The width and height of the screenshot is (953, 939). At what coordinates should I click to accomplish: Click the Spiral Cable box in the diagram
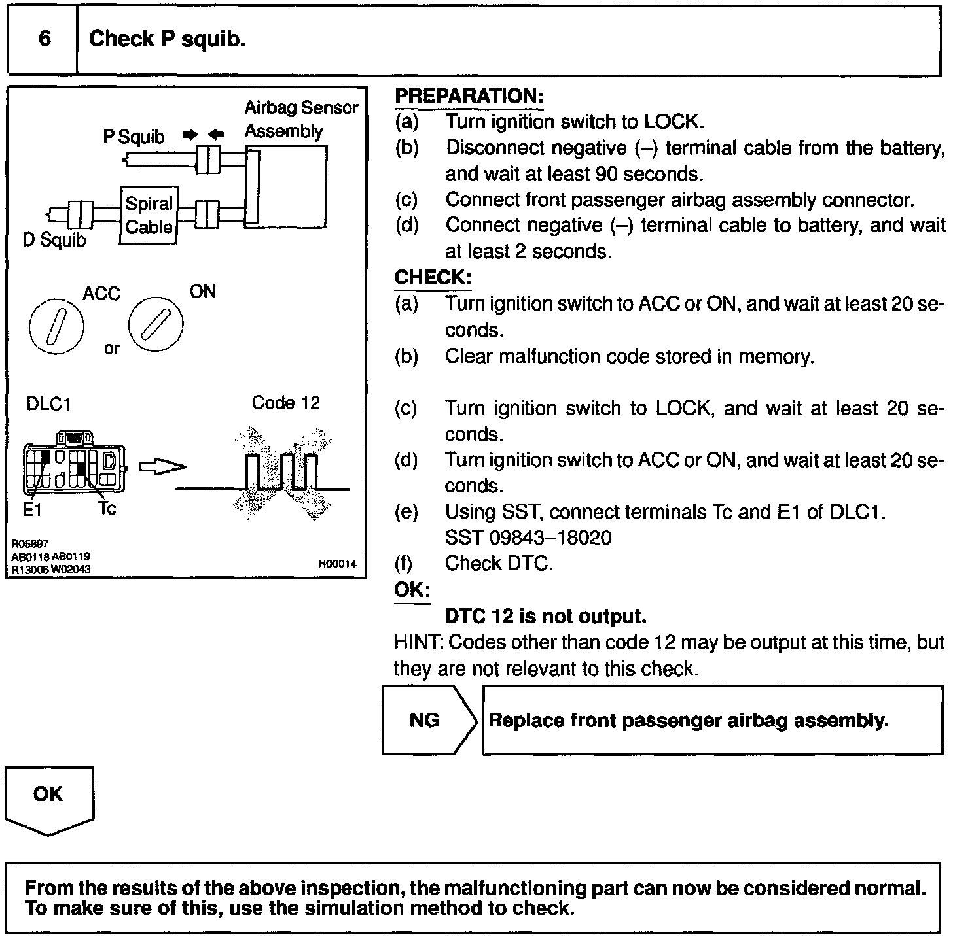(x=149, y=216)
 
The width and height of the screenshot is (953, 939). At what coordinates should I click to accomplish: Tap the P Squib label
(x=134, y=137)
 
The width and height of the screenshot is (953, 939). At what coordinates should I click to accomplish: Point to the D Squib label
(x=54, y=241)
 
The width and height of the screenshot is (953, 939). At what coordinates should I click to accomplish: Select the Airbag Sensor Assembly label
(x=300, y=119)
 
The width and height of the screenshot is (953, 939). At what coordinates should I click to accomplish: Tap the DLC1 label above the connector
(x=48, y=405)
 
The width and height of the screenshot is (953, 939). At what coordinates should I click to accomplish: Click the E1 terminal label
(x=32, y=510)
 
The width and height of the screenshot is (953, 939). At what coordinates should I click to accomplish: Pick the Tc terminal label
(x=107, y=508)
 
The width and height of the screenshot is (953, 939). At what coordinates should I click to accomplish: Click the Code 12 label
(x=285, y=403)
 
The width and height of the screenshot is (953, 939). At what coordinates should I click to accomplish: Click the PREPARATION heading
(x=469, y=96)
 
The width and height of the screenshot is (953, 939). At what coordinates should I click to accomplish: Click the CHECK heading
(x=432, y=278)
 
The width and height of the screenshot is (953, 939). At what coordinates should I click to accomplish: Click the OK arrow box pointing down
(x=49, y=800)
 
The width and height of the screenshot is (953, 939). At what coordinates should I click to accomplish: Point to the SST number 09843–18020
(x=528, y=538)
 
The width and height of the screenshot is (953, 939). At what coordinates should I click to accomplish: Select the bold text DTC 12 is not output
(x=546, y=617)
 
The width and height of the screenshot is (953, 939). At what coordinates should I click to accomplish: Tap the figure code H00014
(x=337, y=564)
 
